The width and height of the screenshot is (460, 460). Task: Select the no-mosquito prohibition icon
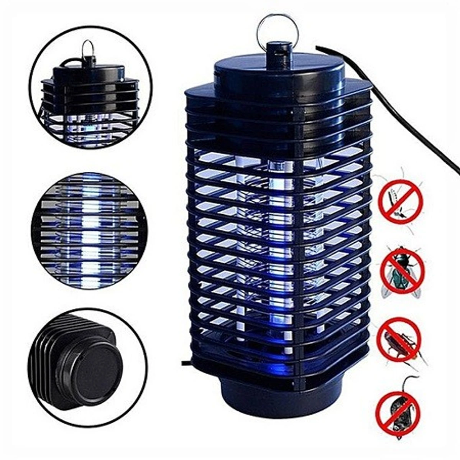(401, 202)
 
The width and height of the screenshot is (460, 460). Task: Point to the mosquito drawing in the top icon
(396, 199)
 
